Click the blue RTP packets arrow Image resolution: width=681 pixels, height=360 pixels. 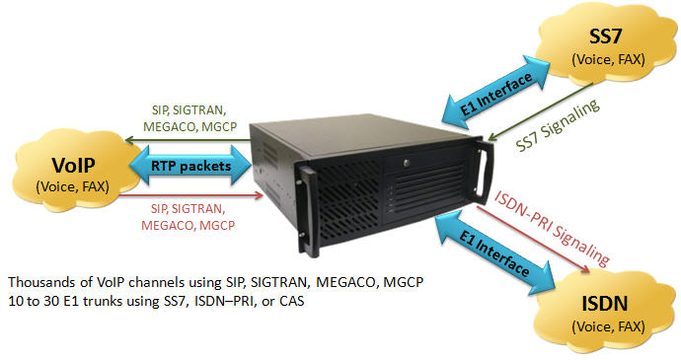point(190,167)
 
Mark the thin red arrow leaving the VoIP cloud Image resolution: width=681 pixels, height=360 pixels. point(188,194)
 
